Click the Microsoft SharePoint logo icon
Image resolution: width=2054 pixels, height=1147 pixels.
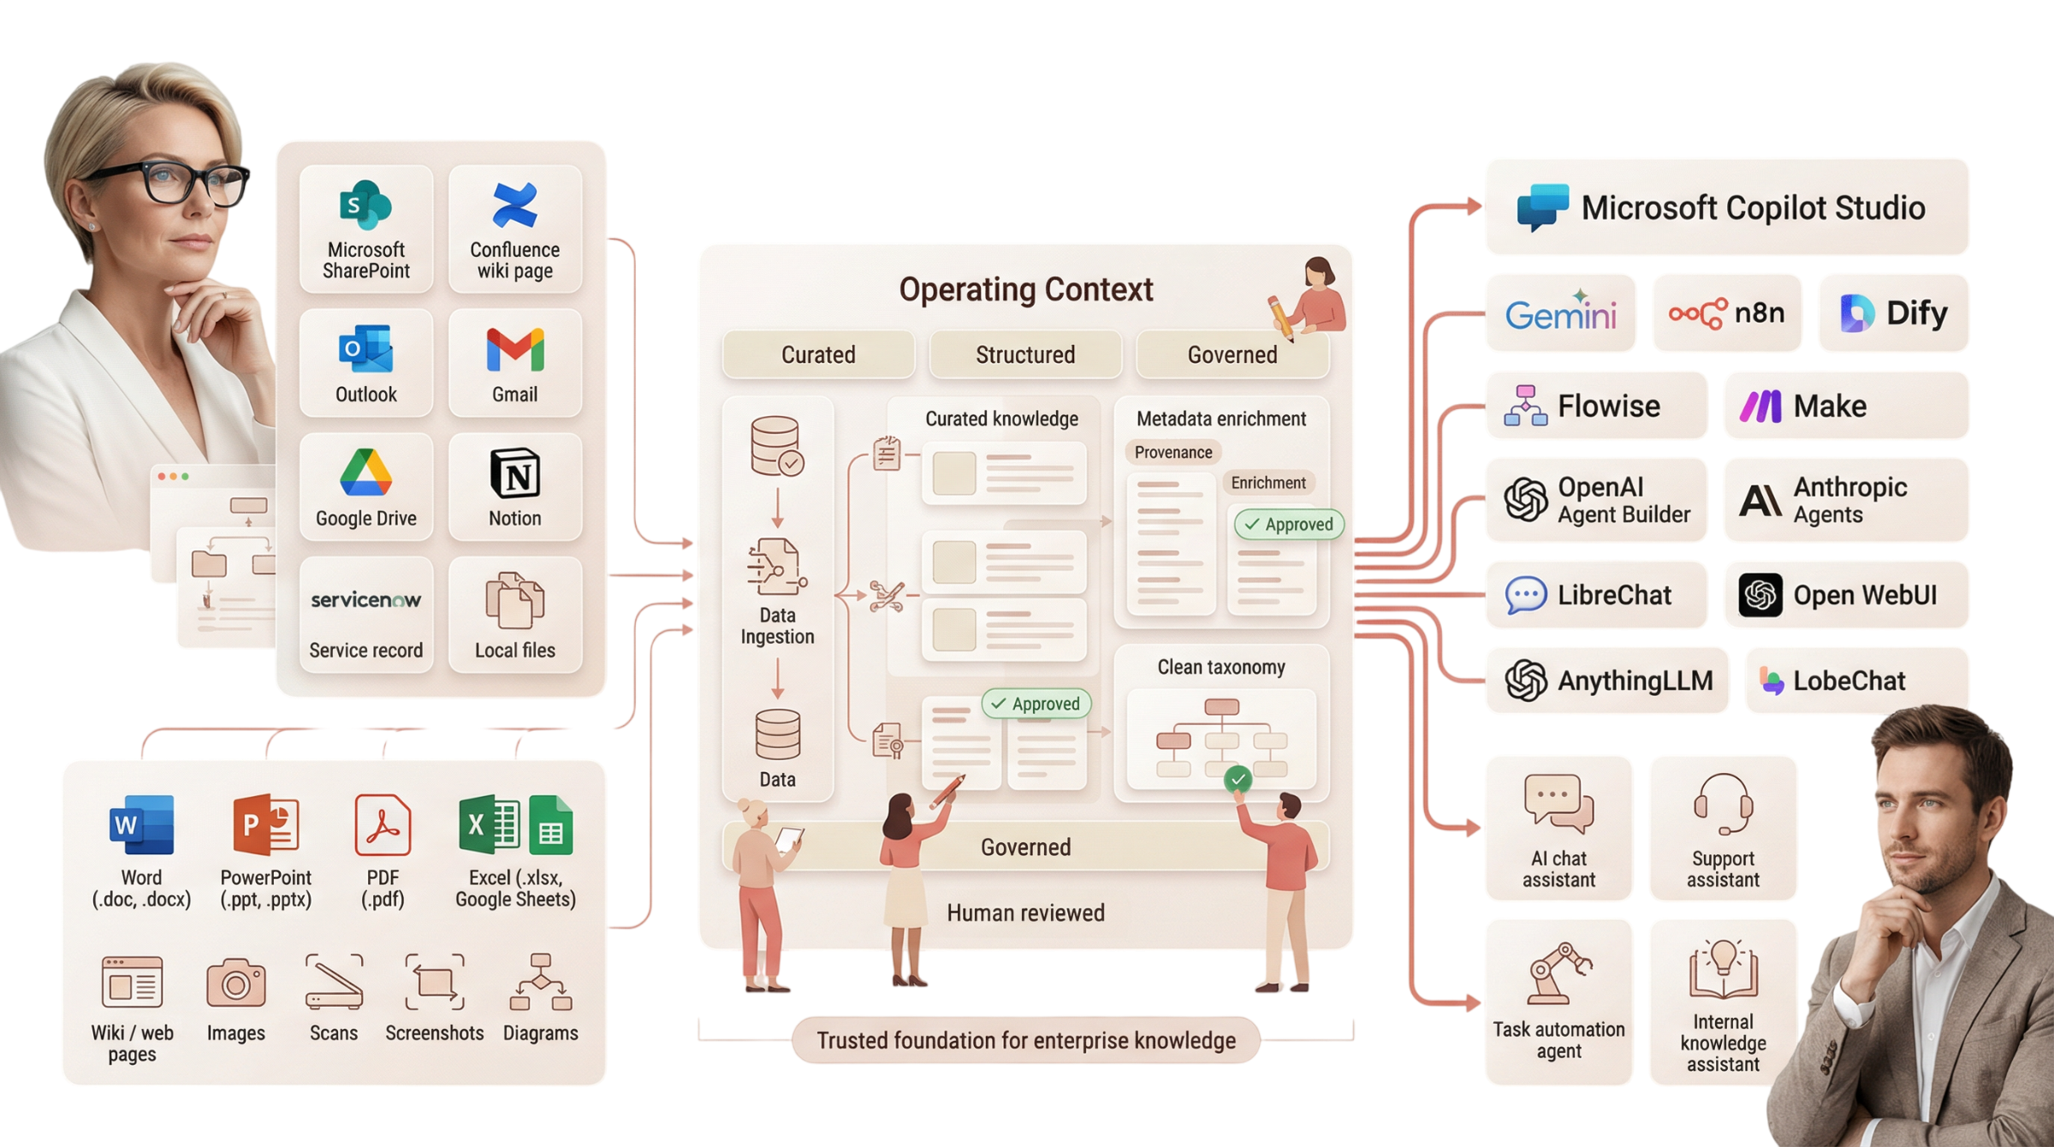tap(365, 205)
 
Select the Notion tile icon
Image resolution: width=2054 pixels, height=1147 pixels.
tap(514, 473)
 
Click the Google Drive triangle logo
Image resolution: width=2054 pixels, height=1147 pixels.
tap(365, 473)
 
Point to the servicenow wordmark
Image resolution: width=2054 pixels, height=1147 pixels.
tap(365, 600)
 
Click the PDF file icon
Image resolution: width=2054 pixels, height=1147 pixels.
tap(383, 825)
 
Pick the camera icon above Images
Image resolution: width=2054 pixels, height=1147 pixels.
tap(235, 983)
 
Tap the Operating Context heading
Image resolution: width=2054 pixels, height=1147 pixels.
tap(1025, 289)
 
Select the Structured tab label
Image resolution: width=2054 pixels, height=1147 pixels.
tap(1025, 354)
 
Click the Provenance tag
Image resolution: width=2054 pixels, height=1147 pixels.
tap(1172, 452)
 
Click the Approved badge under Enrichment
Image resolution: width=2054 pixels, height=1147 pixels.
tap(1289, 524)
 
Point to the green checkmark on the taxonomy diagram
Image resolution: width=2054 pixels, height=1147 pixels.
tap(1238, 779)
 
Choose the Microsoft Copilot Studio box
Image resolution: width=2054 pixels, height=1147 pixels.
tap(1726, 207)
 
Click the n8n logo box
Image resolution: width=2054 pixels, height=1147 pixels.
tap(1726, 313)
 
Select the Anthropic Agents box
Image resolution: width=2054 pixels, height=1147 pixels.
tap(1845, 500)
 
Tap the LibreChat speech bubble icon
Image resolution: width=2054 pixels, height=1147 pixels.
tap(1525, 595)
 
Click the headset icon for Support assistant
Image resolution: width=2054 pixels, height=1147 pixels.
tap(1723, 803)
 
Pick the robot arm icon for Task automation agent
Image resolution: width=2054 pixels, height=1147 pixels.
tap(1558, 973)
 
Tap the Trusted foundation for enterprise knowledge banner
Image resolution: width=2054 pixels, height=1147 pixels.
tap(1025, 1040)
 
